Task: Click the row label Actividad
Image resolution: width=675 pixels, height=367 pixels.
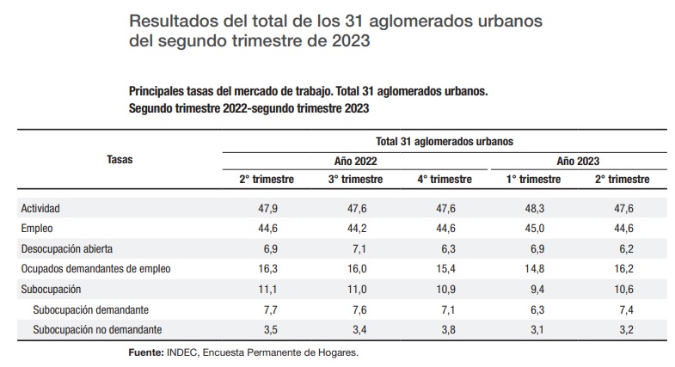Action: [x=41, y=209]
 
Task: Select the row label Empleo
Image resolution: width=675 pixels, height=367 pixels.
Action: [x=37, y=229]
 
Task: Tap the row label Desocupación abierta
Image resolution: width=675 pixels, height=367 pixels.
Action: [x=66, y=248]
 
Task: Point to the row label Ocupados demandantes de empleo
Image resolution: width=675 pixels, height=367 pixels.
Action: [x=95, y=269]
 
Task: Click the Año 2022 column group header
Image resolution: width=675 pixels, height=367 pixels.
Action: [x=355, y=161]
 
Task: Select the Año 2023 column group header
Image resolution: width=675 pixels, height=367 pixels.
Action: [x=577, y=161]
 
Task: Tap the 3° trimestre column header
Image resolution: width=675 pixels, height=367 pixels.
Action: [x=355, y=180]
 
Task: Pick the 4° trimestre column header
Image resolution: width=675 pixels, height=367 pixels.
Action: [x=444, y=180]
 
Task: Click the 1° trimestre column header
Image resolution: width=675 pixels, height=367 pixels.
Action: [x=533, y=180]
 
